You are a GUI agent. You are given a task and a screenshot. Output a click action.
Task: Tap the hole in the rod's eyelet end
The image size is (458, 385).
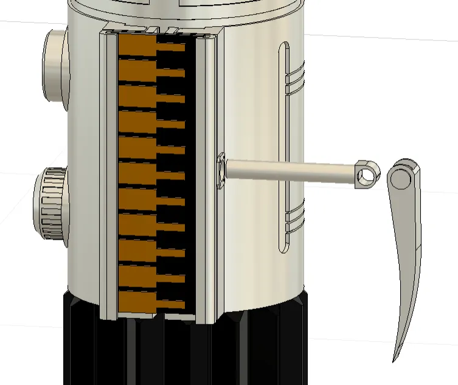[x=366, y=176]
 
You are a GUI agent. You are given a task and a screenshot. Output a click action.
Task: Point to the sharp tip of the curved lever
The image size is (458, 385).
[x=395, y=359]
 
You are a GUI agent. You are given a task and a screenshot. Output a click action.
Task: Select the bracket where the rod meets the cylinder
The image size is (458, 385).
[x=221, y=170]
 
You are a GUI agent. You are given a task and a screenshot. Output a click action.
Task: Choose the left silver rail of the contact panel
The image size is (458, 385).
[x=109, y=176]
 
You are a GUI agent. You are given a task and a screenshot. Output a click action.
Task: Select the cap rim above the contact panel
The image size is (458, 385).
[x=182, y=12]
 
